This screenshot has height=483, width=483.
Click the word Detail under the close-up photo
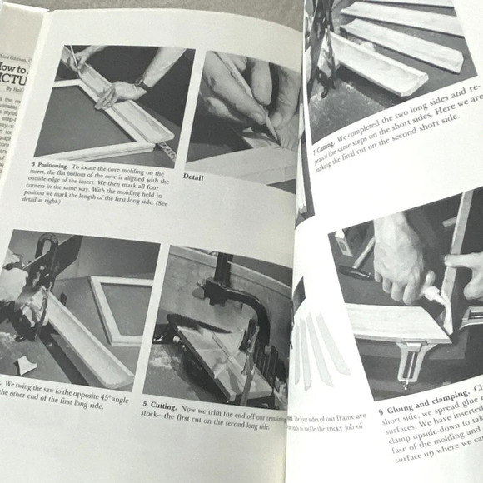coord(192,177)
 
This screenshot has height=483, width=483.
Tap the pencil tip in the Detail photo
coord(272,133)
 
